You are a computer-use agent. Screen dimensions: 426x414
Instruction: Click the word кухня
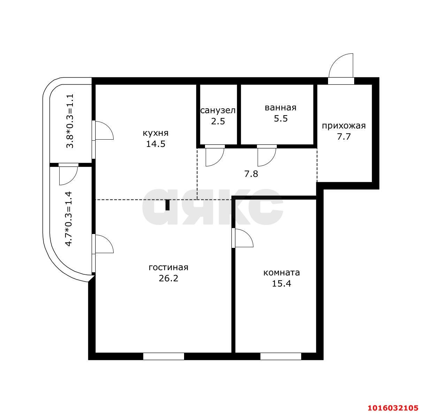click(155, 133)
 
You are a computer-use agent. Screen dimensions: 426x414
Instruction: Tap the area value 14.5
click(155, 144)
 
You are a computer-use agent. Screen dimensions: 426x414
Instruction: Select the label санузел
click(218, 110)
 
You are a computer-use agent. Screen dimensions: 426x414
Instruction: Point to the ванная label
click(280, 108)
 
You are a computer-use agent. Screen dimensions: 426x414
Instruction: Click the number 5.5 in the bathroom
click(281, 118)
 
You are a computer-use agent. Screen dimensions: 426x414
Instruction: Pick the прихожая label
click(344, 126)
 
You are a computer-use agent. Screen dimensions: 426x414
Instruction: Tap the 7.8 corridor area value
click(251, 174)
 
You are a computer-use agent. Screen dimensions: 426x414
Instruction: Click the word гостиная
click(168, 267)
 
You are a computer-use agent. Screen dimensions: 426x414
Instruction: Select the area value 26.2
click(169, 279)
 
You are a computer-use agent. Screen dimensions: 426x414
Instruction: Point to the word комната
click(282, 273)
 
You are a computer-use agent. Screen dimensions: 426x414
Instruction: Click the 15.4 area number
click(282, 284)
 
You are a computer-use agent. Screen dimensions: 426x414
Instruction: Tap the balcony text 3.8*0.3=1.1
click(70, 121)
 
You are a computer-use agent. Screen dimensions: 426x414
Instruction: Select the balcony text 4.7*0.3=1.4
click(69, 219)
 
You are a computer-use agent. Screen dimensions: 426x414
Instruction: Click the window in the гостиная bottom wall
click(163, 356)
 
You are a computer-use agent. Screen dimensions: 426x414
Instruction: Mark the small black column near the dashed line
click(167, 205)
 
